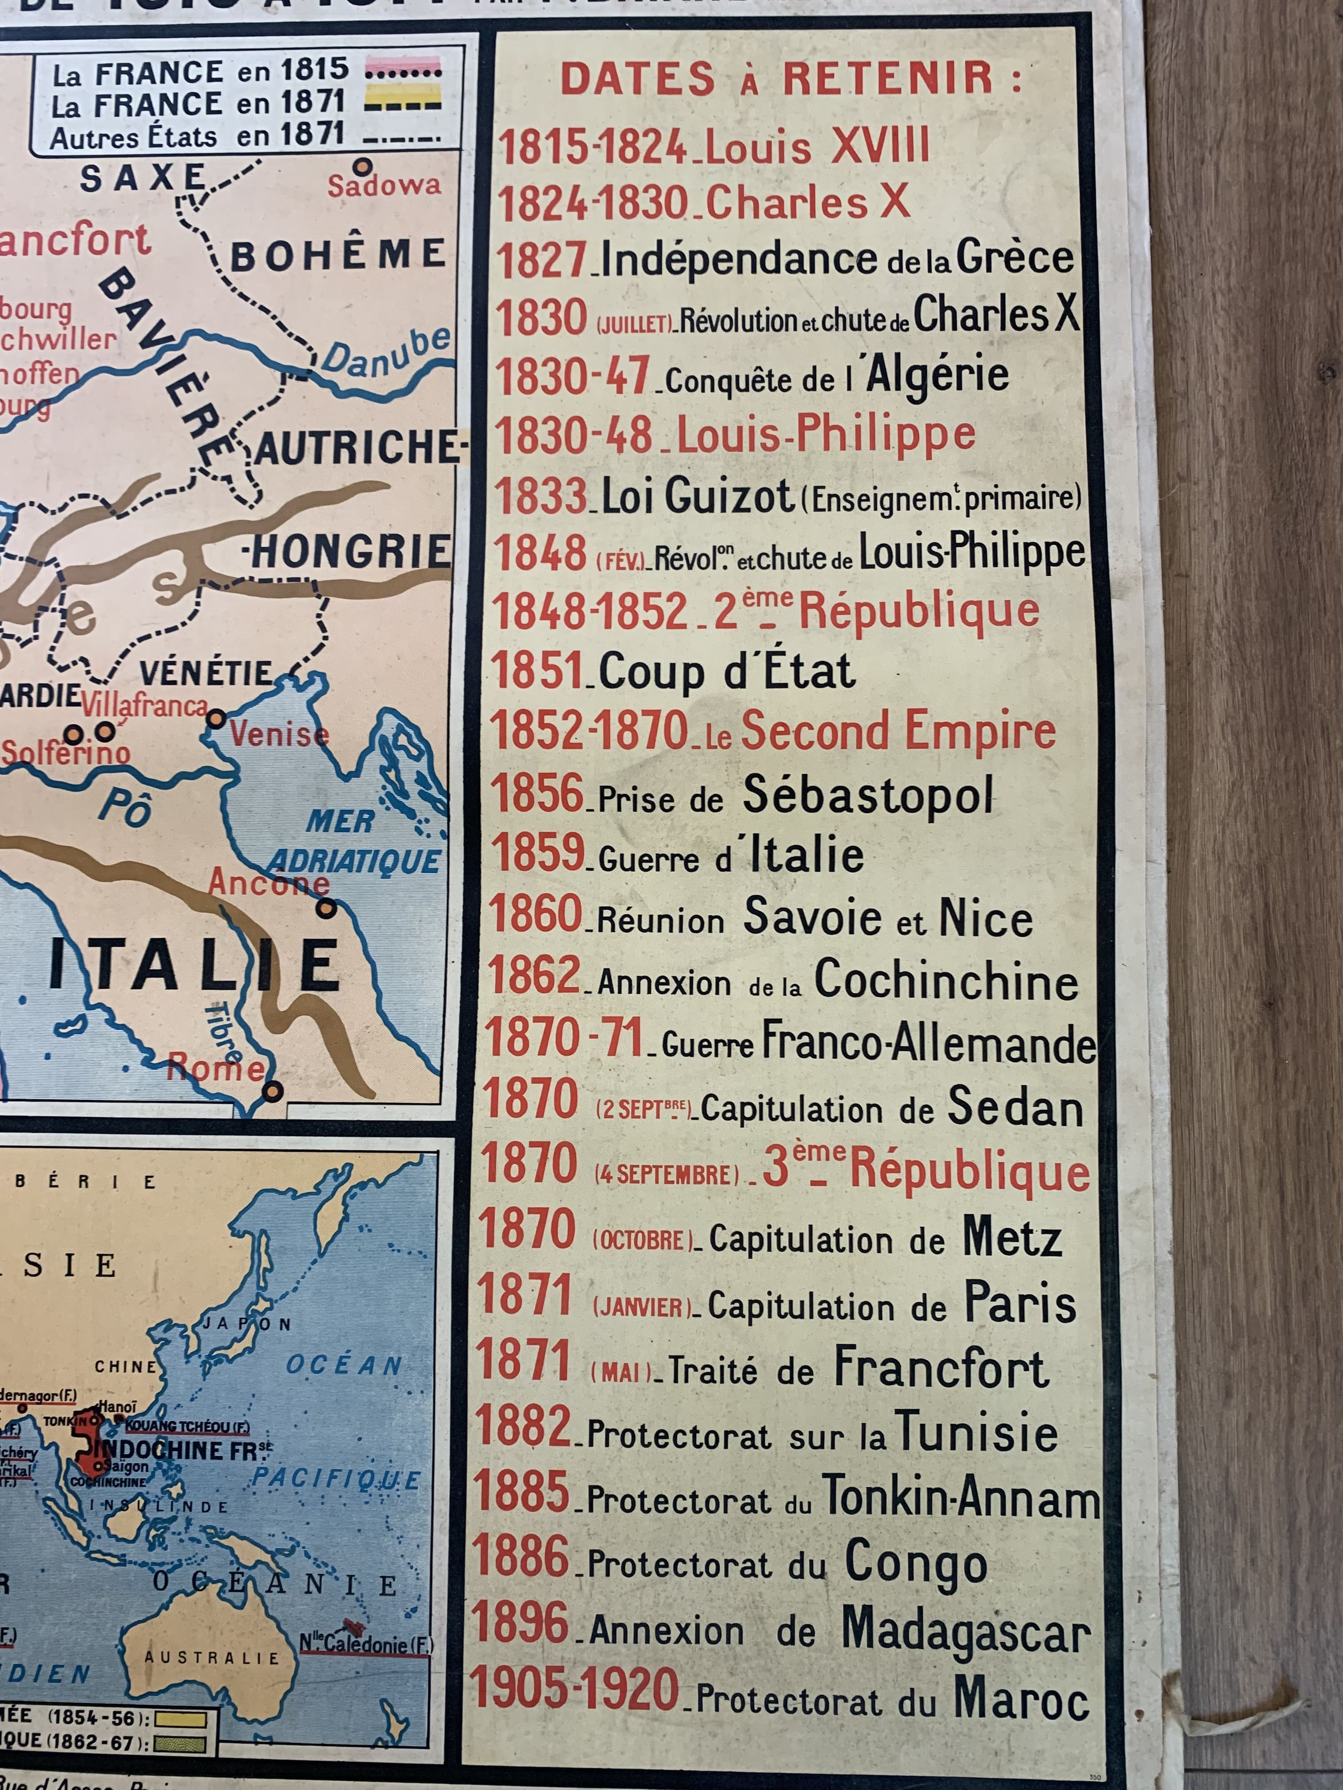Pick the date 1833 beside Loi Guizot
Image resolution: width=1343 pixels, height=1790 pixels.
(x=541, y=496)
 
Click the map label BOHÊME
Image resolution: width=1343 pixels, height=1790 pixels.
(x=338, y=255)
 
